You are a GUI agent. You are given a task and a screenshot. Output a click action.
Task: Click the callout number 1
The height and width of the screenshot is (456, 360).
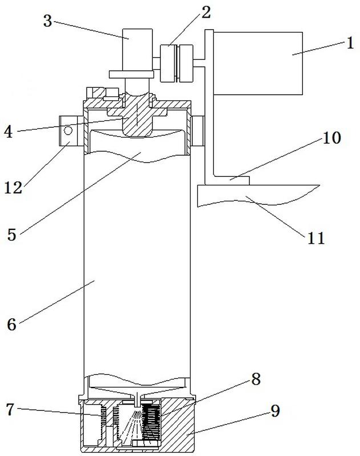click(350, 43)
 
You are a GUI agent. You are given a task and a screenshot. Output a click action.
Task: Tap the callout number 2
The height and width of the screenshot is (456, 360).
click(206, 13)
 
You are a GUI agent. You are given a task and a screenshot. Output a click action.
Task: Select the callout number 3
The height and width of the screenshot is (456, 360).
click(48, 21)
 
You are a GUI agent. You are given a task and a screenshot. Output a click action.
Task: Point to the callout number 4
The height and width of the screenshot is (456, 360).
click(9, 132)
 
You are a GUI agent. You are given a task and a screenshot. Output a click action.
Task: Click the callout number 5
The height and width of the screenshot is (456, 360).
click(11, 235)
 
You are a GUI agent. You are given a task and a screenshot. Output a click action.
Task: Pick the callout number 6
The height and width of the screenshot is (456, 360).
click(11, 324)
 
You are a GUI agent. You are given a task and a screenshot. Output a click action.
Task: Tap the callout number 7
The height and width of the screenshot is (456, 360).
click(10, 409)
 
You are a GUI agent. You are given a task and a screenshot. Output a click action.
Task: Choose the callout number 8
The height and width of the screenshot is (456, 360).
click(256, 379)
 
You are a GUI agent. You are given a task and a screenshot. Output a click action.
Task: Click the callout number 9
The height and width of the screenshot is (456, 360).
click(275, 411)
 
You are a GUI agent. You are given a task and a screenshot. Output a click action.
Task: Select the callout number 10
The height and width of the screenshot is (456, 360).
click(331, 138)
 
